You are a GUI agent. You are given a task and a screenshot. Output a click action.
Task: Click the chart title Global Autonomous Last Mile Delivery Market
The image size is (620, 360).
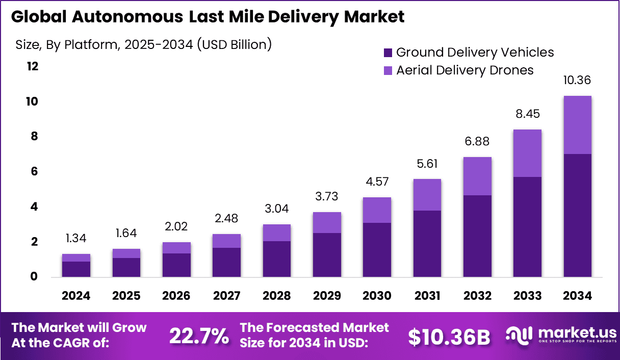pyautogui.click(x=208, y=17)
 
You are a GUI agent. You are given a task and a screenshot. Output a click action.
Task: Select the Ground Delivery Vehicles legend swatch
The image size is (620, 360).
pyautogui.click(x=388, y=52)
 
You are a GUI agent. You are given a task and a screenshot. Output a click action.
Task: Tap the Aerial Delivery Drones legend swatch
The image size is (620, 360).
pyautogui.click(x=388, y=70)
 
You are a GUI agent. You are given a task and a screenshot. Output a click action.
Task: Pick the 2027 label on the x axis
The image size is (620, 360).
pyautogui.click(x=226, y=296)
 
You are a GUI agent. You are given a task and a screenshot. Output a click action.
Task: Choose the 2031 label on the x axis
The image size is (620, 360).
pyautogui.click(x=427, y=296)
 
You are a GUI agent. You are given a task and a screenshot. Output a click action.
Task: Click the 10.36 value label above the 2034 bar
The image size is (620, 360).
pyautogui.click(x=577, y=81)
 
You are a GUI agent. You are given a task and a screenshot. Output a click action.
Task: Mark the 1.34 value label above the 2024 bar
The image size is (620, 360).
pyautogui.click(x=76, y=238)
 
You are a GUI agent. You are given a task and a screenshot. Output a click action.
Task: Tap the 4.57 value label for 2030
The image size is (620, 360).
pyautogui.click(x=377, y=182)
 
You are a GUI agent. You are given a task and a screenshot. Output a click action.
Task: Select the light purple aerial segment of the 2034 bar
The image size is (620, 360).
pyautogui.click(x=577, y=125)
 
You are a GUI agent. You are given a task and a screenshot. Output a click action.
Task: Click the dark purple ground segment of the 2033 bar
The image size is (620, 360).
pyautogui.click(x=527, y=227)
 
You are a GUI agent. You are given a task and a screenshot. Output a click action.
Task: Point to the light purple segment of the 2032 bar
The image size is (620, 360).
pyautogui.click(x=477, y=176)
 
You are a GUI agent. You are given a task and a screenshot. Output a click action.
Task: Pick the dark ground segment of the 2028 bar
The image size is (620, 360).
pyautogui.click(x=276, y=259)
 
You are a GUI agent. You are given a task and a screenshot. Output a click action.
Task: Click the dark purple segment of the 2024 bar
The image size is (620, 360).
pyautogui.click(x=76, y=269)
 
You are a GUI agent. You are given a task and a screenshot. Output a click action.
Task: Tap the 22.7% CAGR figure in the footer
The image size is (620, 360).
pyautogui.click(x=199, y=336)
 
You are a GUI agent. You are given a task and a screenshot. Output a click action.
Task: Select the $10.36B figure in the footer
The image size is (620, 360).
pyautogui.click(x=449, y=337)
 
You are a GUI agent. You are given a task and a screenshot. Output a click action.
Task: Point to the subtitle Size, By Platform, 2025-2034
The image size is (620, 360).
pyautogui.click(x=143, y=45)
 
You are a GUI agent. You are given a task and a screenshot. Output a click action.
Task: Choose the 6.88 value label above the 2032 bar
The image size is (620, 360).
pyautogui.click(x=477, y=142)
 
